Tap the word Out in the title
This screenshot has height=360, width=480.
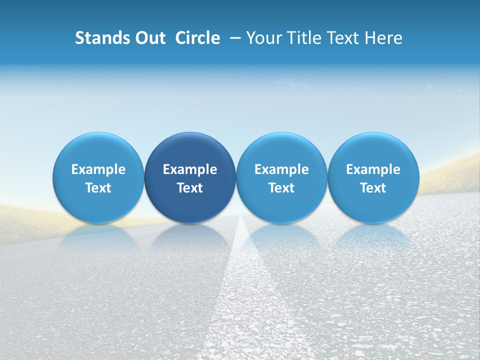tap(148, 38)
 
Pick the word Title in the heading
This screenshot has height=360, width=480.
tap(305, 38)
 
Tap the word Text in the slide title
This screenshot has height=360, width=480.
tap(344, 38)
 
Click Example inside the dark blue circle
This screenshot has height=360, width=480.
tap(190, 169)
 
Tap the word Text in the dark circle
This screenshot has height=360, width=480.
tap(190, 188)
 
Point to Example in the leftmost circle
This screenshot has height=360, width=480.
tap(98, 169)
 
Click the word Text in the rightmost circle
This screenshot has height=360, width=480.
tap(373, 188)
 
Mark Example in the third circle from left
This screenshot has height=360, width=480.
tap(281, 169)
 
